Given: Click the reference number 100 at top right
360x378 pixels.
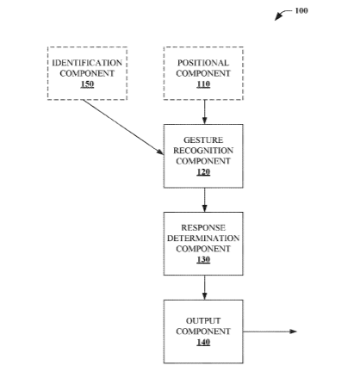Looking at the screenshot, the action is pos(301,10).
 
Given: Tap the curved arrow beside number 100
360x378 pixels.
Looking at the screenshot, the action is pos(282,14).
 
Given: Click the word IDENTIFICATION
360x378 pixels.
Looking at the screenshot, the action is pos(87,63).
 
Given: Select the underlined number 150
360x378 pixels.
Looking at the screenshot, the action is pos(87,84).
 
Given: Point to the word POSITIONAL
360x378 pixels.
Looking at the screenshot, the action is pos(203,63).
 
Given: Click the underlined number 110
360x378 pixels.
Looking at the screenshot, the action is pos(203,84).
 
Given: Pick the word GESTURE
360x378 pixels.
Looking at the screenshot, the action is pos(203,140).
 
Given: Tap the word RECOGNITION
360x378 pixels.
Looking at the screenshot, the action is pos(203,151).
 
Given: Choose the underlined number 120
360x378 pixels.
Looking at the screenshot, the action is pos(203,172).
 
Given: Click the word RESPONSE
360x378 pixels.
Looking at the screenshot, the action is pos(203,227).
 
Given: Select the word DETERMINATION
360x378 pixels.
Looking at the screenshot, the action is pos(203,239).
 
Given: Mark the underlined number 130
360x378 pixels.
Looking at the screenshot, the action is pos(203,259).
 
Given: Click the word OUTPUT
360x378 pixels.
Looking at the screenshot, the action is pos(203,320).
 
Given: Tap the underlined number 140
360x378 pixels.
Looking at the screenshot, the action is pos(203,342).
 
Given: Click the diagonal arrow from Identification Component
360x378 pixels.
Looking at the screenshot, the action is pos(123,127).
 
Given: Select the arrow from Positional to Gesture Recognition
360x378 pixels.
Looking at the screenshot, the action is pos(204,112).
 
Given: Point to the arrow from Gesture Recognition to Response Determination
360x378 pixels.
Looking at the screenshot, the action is pos(204,200).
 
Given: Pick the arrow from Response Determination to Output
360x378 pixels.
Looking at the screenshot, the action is pos(204,288).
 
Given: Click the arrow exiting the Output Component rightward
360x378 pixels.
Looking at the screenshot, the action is pos(270,332).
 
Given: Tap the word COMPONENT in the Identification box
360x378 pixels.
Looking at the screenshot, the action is pos(87,73).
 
